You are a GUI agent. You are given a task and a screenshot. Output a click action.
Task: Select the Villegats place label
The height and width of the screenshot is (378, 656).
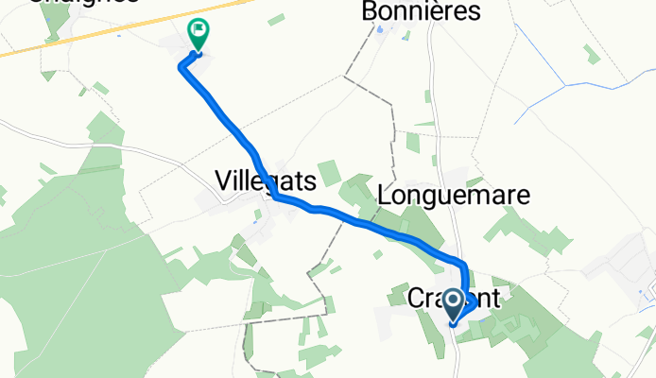[x=265, y=180]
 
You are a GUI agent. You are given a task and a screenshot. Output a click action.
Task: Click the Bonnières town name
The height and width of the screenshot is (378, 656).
[x=422, y=11]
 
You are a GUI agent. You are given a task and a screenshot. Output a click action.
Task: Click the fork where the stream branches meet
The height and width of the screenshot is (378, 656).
[x=564, y=85]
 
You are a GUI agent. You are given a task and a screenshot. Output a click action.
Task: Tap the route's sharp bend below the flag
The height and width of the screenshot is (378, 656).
[x=182, y=65]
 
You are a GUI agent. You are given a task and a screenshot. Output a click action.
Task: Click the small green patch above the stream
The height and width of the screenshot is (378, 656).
[x=591, y=55]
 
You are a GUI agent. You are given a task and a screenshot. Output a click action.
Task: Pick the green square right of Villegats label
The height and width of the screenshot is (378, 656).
[x=328, y=173]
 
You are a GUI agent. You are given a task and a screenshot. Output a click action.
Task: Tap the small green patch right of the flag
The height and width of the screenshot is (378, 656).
[x=276, y=18]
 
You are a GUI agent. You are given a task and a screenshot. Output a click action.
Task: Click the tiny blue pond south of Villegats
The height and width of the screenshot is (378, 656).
[x=257, y=215]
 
